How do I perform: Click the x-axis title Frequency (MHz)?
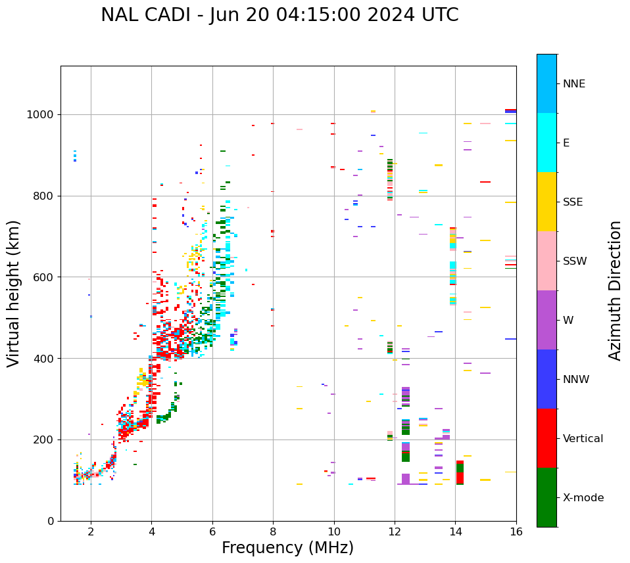(x=287, y=548)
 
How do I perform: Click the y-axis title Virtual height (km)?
(x=14, y=294)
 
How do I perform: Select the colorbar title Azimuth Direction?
(x=615, y=290)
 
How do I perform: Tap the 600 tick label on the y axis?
(x=47, y=277)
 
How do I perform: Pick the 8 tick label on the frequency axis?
(x=273, y=531)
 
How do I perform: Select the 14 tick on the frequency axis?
(x=455, y=531)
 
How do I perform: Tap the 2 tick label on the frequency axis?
(x=91, y=531)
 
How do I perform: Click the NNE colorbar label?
(x=573, y=84)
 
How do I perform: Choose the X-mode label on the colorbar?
(x=583, y=498)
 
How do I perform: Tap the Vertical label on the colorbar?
(x=583, y=439)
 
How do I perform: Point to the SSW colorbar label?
(x=575, y=261)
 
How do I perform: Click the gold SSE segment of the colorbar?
(x=546, y=202)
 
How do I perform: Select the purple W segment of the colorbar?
(x=546, y=320)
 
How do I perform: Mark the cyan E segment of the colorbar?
(x=546, y=143)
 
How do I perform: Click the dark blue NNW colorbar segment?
(x=546, y=379)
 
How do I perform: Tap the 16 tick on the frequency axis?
(x=516, y=531)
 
